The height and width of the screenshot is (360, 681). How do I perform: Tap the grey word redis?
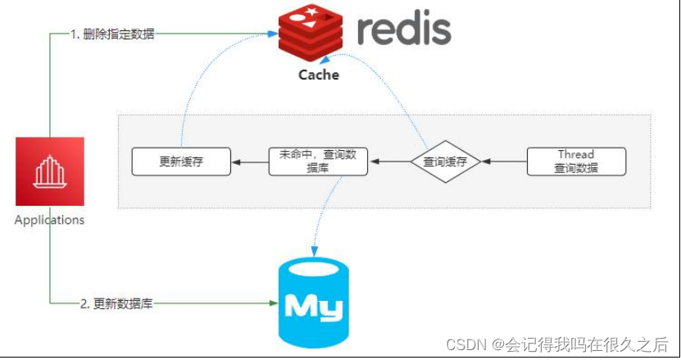pos(404,30)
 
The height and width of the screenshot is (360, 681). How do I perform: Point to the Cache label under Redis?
pos(318,75)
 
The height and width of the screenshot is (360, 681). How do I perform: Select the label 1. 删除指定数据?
pos(112,34)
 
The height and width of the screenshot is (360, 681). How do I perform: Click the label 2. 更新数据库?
pos(116,303)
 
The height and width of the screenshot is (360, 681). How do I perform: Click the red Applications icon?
pos(50,171)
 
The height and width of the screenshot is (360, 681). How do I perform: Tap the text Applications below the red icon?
pos(50,220)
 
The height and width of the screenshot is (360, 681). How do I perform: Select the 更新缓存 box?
pos(181,162)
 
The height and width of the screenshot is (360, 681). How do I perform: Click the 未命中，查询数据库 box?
pos(318,162)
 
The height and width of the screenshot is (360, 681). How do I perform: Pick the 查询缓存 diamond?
pos(445,162)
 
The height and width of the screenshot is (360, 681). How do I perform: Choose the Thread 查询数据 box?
pos(576,162)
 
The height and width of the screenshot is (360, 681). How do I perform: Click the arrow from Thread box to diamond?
pos(503,162)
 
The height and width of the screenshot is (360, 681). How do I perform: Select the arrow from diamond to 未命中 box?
pos(388,162)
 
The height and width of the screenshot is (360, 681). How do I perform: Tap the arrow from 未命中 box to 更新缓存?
pos(250,162)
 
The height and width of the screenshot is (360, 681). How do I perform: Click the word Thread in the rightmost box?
pos(576,154)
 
